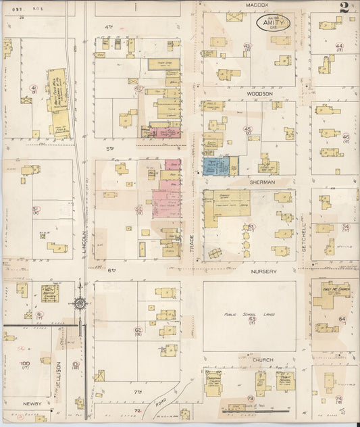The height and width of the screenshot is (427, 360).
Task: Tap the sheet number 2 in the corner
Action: pos(344,8)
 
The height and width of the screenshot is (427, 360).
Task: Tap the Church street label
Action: pos(263,359)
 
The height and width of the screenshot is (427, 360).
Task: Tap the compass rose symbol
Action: pos(81,304)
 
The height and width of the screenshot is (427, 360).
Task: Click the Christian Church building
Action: pos(215,382)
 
